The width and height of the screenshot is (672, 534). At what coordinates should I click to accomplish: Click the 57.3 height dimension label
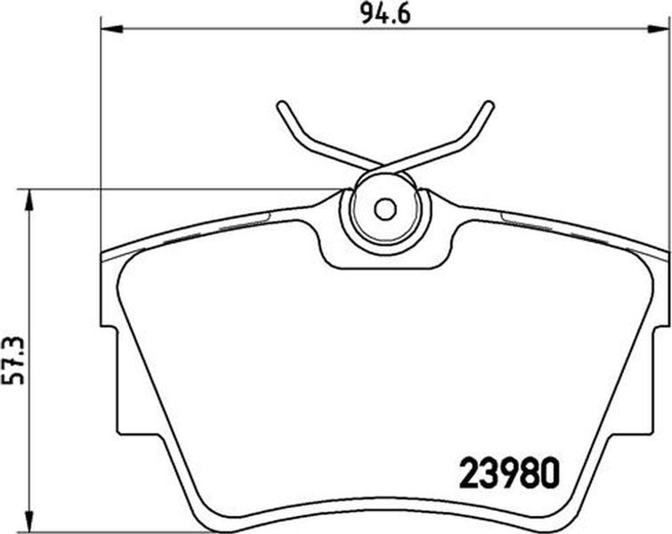point(13,360)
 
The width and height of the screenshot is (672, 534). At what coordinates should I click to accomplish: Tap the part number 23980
point(510,473)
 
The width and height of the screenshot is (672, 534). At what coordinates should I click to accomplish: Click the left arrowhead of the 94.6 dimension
point(111,28)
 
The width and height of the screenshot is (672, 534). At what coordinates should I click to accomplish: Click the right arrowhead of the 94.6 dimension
point(658,28)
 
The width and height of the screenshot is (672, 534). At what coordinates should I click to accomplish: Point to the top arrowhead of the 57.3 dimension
point(28,200)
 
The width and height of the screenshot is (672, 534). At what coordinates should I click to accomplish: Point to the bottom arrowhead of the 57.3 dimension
point(28,521)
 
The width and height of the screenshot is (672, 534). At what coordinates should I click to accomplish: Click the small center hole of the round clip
point(385,209)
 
